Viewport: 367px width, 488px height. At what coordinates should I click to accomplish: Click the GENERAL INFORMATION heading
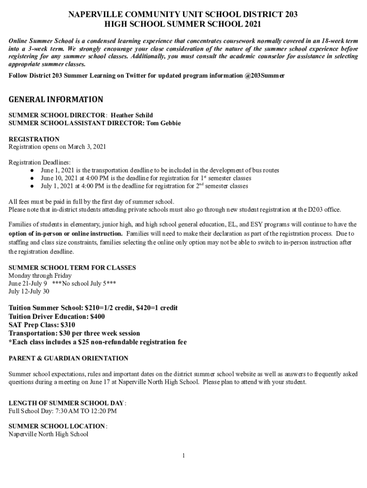pyautogui.click(x=56, y=100)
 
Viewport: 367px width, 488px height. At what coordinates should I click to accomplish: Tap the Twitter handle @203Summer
pyautogui.click(x=265, y=76)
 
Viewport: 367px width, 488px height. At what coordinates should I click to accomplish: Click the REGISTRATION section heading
pyautogui.click(x=34, y=139)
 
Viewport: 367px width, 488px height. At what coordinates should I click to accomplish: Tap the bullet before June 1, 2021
pyautogui.click(x=31, y=170)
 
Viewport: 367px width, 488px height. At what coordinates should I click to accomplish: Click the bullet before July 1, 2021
pyautogui.click(x=31, y=186)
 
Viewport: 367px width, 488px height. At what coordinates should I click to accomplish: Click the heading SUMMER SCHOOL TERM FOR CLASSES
pyautogui.click(x=72, y=268)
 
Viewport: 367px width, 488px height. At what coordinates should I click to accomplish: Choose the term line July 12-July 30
pyautogui.click(x=29, y=291)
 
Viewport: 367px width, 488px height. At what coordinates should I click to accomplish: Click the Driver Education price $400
pyautogui.click(x=98, y=316)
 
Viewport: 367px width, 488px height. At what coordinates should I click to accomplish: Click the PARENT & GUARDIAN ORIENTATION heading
pyautogui.click(x=69, y=358)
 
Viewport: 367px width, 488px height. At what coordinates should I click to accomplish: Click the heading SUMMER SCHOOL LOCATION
pyautogui.click(x=57, y=426)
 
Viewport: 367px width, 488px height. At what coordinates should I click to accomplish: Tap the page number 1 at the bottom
pyautogui.click(x=183, y=456)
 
